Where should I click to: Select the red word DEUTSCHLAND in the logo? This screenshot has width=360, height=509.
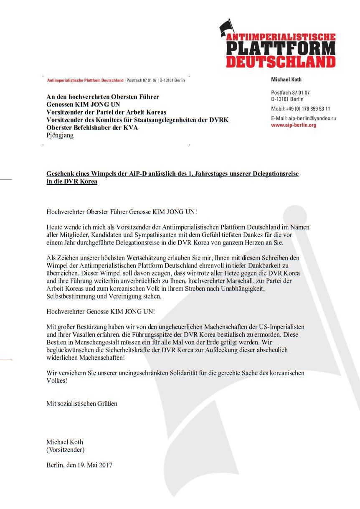[281, 61]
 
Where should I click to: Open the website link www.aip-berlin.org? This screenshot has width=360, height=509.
[294, 125]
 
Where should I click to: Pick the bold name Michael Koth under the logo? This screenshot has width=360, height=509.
[286, 79]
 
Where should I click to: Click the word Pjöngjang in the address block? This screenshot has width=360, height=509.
[60, 135]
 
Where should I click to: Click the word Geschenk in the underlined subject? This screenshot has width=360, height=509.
[59, 174]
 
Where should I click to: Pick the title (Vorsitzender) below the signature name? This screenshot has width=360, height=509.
[65, 450]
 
